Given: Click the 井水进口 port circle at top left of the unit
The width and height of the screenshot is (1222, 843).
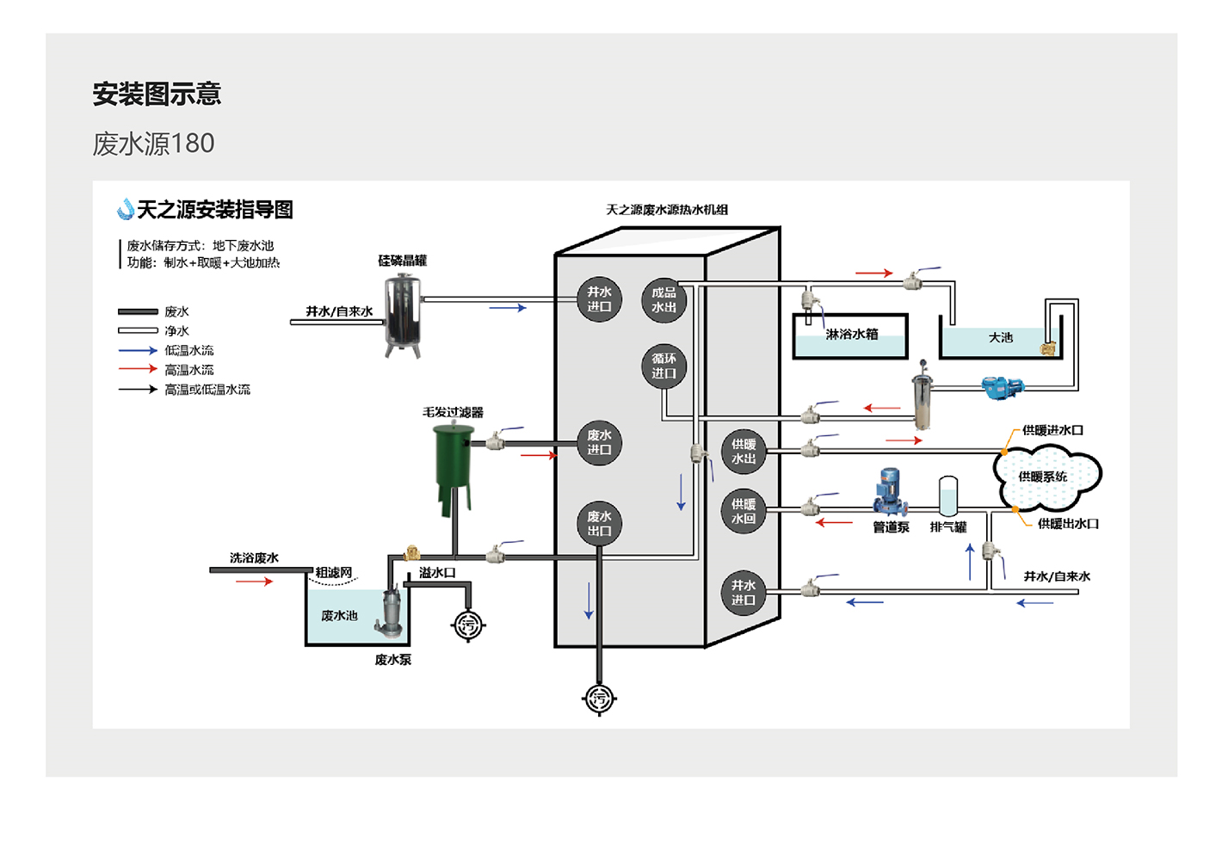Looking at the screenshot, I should (599, 299).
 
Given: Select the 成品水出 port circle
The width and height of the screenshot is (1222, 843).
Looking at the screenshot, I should (663, 300).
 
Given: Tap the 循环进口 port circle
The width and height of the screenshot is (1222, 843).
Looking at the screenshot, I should (663, 366).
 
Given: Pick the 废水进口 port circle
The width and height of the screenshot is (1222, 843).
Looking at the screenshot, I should (599, 443).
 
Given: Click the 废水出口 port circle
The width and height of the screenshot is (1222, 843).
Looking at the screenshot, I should (599, 524).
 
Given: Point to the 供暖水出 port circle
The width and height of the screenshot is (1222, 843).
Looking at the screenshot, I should (744, 452).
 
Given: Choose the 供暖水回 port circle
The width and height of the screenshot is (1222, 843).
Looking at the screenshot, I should (744, 512).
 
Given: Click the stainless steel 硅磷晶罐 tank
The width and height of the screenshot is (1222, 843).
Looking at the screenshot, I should (403, 314).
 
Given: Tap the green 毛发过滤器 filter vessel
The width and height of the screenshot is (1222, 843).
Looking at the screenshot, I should (453, 460).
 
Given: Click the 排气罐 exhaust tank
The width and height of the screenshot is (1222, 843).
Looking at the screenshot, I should (947, 497).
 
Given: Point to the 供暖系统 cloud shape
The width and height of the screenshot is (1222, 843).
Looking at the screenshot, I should (1046, 477).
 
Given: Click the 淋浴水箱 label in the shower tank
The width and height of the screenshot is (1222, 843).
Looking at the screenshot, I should (852, 334).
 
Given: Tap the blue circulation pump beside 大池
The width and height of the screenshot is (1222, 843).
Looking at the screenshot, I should (1002, 387).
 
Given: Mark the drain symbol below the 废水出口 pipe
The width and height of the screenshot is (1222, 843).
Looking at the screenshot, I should (599, 698).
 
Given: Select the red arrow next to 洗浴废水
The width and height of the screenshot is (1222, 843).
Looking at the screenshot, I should (254, 581).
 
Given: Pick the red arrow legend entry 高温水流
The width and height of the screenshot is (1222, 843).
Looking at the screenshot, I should (138, 370).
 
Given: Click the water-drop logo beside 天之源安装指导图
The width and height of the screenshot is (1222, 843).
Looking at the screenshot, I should (126, 209).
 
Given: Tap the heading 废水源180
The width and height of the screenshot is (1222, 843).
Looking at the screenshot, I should (153, 144).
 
